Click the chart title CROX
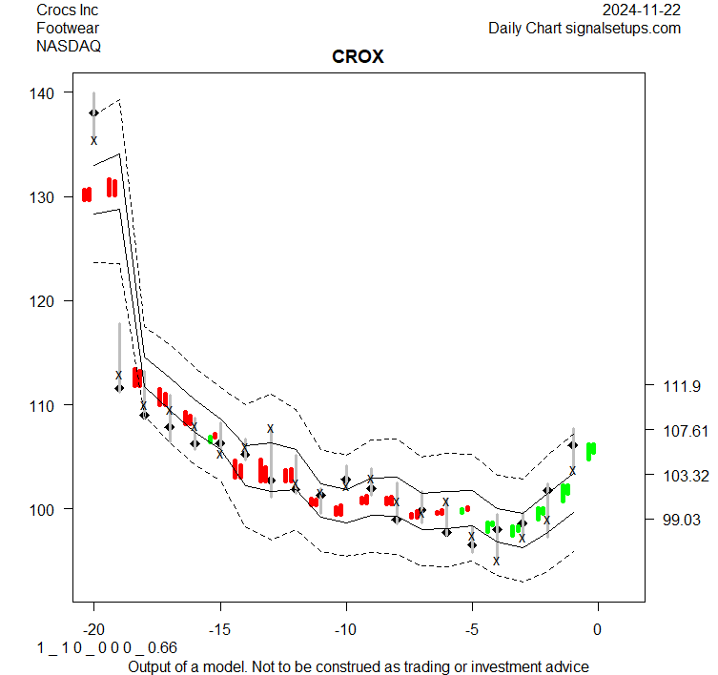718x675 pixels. click(x=358, y=57)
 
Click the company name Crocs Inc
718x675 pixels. click(x=67, y=10)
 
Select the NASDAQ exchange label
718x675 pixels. click(x=68, y=45)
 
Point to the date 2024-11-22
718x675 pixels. click(x=642, y=10)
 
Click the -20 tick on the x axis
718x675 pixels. click(x=93, y=629)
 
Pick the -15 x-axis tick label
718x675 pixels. click(x=219, y=629)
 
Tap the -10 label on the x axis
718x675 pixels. click(x=345, y=629)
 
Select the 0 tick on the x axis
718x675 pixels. click(x=598, y=629)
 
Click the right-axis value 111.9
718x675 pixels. click(x=683, y=386)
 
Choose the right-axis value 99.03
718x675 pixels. click(x=683, y=520)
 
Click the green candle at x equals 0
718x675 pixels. click(x=591, y=450)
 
